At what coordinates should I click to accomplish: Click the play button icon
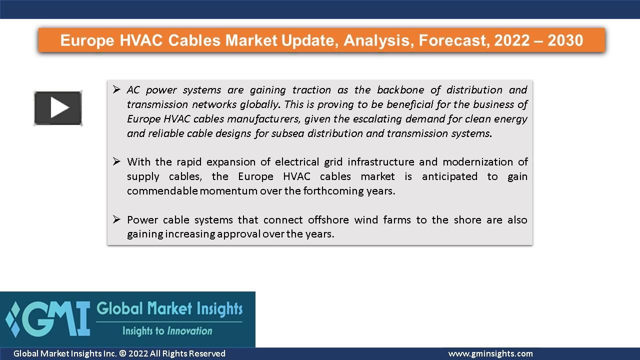[x=58, y=108]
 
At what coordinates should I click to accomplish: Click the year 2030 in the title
[x=565, y=40]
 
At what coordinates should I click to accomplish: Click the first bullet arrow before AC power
[x=116, y=90]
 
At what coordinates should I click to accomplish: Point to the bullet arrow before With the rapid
[x=116, y=161]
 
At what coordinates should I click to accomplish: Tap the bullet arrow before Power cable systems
[x=116, y=219]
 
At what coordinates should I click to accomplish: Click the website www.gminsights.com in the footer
[x=490, y=354]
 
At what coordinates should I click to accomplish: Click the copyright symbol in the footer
[x=122, y=354]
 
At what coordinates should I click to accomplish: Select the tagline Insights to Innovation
[x=167, y=331]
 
